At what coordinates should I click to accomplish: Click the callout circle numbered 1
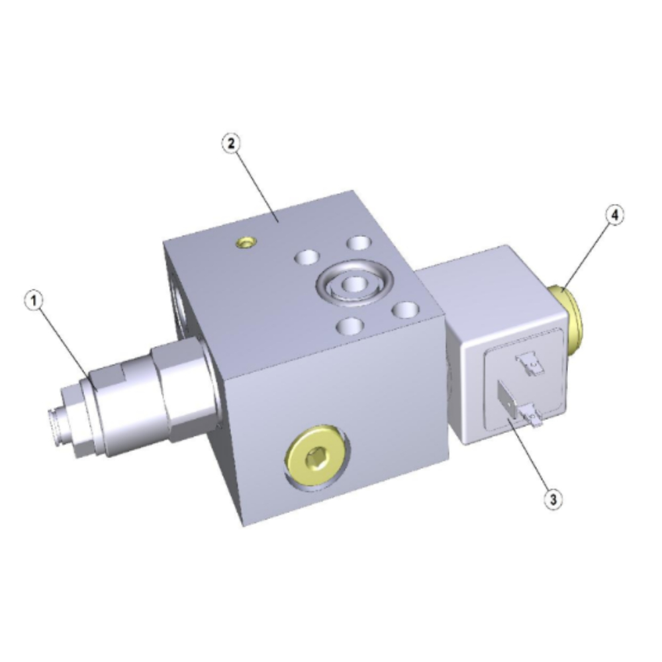pyautogui.click(x=34, y=301)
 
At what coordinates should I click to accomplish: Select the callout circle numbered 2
pyautogui.click(x=231, y=144)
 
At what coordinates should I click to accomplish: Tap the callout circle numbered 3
pyautogui.click(x=553, y=499)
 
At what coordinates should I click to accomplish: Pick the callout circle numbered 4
pyautogui.click(x=615, y=215)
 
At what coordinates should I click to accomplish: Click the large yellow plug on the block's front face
pyautogui.click(x=316, y=456)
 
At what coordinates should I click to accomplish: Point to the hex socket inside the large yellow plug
pyautogui.click(x=316, y=457)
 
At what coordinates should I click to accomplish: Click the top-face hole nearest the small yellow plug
pyautogui.click(x=307, y=257)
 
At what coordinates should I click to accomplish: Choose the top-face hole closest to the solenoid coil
pyautogui.click(x=405, y=310)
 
